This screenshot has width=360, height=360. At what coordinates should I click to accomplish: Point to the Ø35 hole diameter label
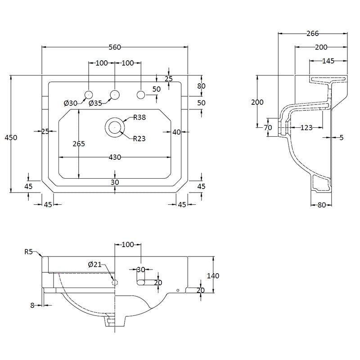point(95,103)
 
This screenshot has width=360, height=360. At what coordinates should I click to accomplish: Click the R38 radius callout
point(139,118)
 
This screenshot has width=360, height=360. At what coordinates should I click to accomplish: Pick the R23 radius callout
point(139,139)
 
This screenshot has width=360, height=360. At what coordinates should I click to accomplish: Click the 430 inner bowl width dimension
point(115,157)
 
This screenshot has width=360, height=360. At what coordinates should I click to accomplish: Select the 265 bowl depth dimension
point(79,144)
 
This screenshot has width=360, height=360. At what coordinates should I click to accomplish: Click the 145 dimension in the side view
point(328,61)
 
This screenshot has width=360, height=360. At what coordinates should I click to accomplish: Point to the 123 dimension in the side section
point(306,128)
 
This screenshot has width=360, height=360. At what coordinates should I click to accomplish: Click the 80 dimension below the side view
point(321,205)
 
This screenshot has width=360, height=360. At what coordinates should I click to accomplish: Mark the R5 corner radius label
point(29,252)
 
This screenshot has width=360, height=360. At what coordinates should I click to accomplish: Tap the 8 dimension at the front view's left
point(32,305)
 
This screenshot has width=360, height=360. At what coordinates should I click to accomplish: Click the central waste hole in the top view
point(115,128)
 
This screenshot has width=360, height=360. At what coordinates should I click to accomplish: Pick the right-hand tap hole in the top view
point(141,94)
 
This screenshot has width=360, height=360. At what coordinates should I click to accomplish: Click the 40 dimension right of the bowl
point(176,132)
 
